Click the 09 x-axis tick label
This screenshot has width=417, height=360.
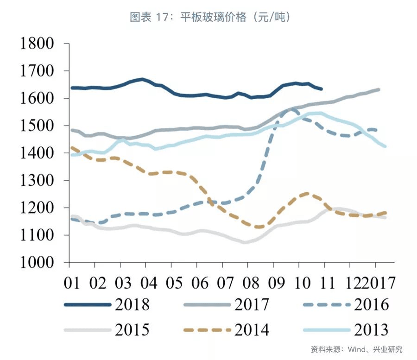click(273, 281)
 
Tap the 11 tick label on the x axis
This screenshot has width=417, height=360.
click(324, 281)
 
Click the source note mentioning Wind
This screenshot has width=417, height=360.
click(356, 349)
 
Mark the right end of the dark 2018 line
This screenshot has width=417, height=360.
click(322, 88)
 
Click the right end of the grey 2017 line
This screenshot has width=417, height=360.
click(379, 89)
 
